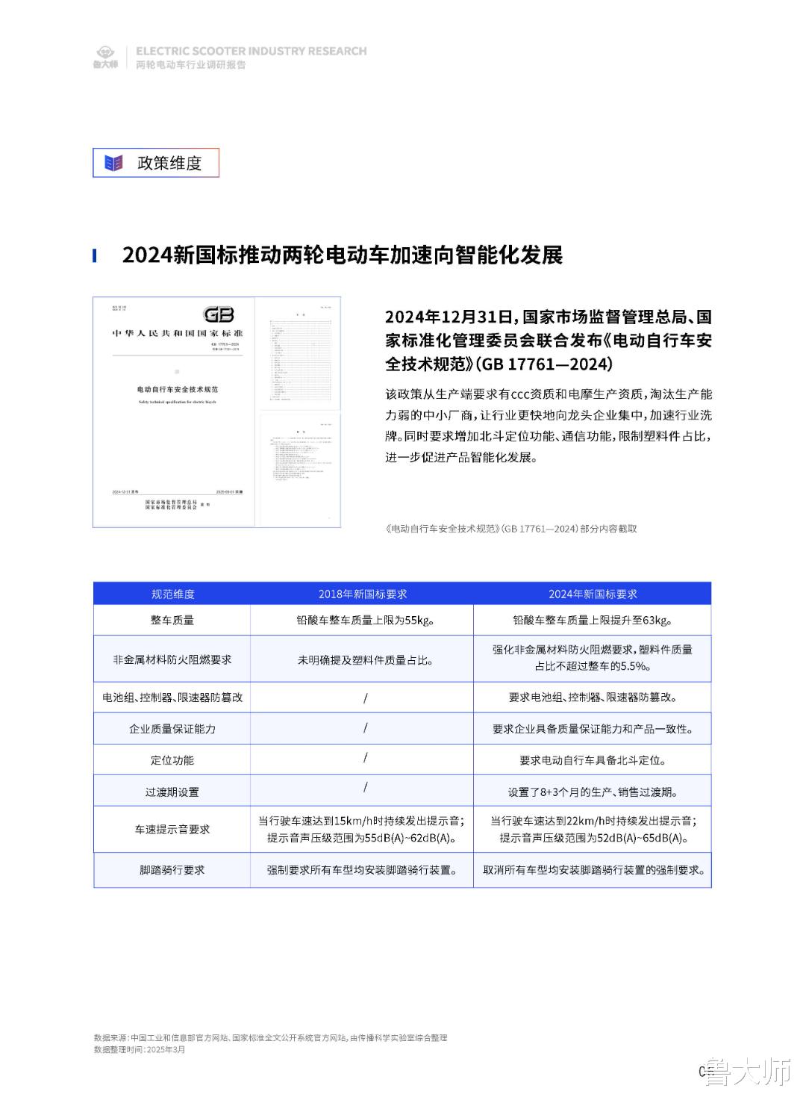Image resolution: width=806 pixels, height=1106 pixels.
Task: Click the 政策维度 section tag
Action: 169,163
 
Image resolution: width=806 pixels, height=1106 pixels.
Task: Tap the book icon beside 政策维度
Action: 113,163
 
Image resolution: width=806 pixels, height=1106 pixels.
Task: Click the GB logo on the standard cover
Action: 219,314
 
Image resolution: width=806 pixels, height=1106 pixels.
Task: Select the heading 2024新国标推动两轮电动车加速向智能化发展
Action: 342,255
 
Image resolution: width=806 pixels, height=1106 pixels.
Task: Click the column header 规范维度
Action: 172,594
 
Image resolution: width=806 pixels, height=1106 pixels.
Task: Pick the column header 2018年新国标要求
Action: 363,594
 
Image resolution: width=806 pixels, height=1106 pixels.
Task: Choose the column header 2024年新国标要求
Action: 593,594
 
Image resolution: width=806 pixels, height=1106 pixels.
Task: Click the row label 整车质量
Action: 172,620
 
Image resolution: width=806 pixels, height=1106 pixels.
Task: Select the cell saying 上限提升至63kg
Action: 593,620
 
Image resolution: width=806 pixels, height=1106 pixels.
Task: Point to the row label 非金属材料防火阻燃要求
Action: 172,660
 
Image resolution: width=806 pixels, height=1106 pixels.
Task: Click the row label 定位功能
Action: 172,760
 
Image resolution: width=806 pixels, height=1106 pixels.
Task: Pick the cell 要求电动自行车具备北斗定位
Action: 593,760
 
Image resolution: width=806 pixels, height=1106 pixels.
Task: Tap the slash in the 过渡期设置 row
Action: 365,787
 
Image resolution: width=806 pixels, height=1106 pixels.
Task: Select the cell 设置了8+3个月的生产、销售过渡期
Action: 593,792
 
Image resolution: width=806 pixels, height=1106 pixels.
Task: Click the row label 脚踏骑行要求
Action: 172,870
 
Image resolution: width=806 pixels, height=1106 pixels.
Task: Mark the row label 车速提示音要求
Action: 172,830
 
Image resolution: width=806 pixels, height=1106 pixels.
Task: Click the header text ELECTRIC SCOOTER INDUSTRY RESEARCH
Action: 252,51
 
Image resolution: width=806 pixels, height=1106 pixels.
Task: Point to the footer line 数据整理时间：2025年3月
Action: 140,1049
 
